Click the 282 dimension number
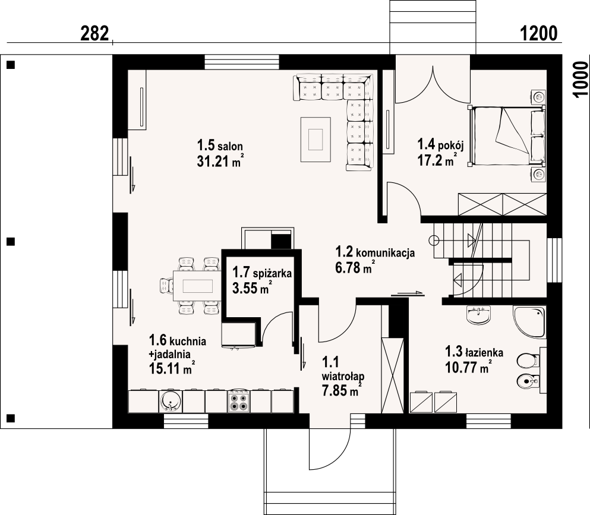coord(95,33)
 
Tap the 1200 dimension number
coord(538,33)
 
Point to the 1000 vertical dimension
coord(581,80)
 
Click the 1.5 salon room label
coord(220,145)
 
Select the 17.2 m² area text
coord(437,160)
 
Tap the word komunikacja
coord(385,252)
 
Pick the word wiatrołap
coord(343,376)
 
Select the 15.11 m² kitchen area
coord(172,368)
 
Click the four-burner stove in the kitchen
coord(239,402)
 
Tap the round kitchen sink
coord(170,402)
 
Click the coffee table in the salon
coord(315,139)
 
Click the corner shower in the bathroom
coord(529,321)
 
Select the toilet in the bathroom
coord(528,361)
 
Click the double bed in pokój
coord(507,136)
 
